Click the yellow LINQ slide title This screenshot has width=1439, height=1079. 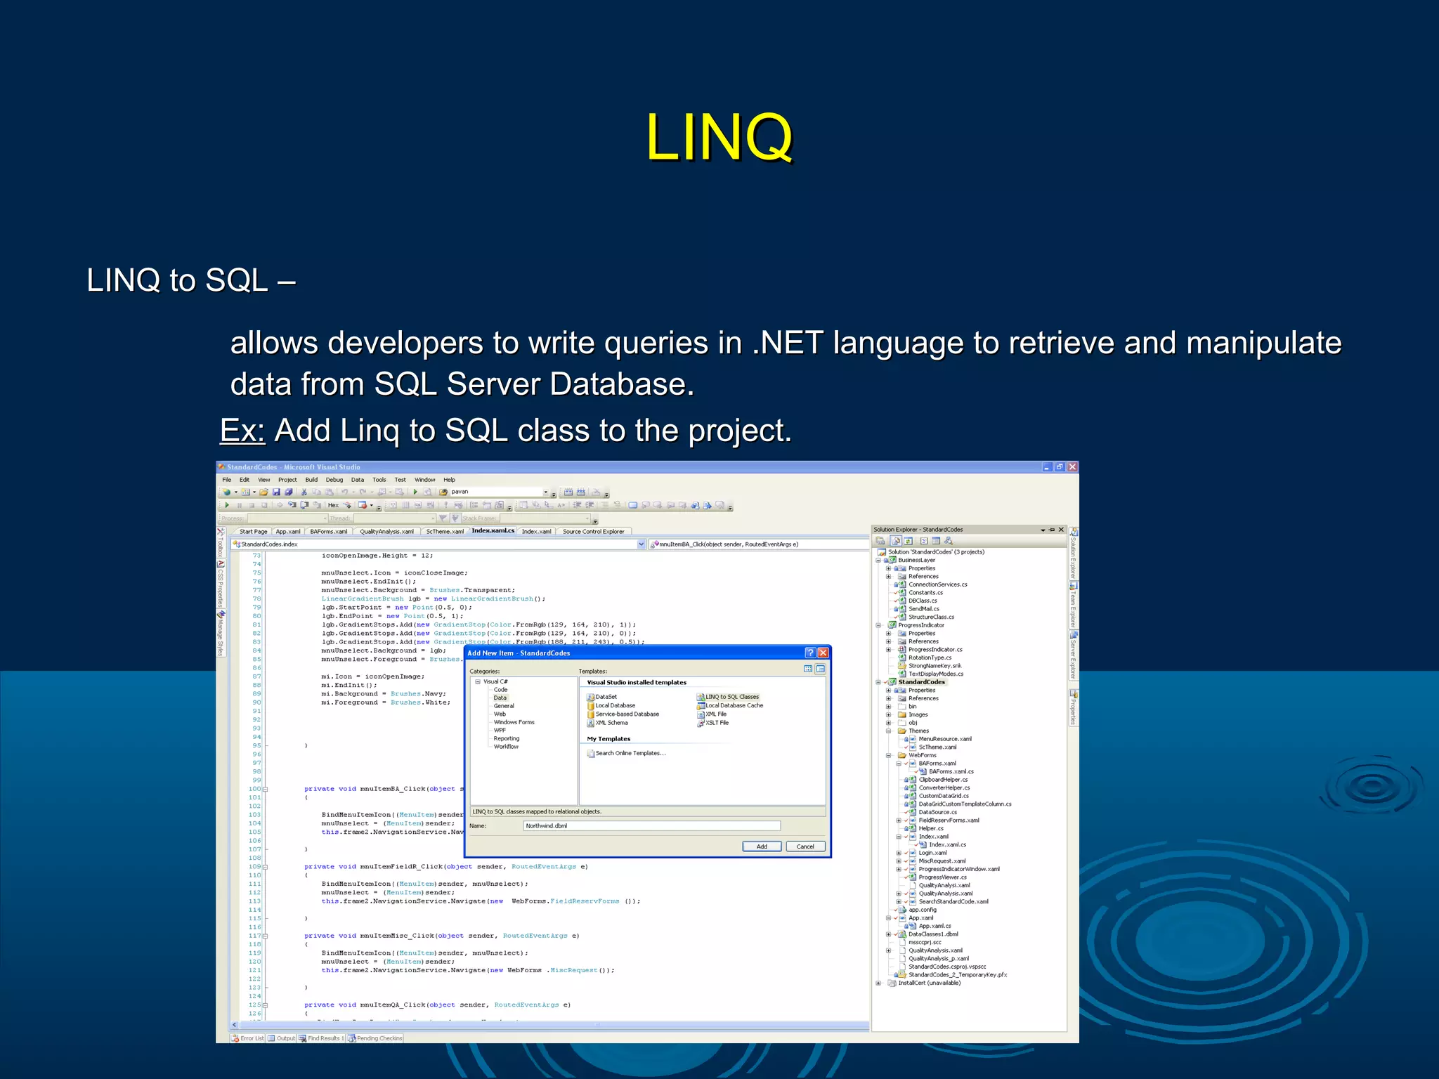point(719,137)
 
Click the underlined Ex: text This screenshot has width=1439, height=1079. point(242,431)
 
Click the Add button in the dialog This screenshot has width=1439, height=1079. point(762,846)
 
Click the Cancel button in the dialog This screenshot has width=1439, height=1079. point(805,846)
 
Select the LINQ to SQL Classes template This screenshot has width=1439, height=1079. point(731,697)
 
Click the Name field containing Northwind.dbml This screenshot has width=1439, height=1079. point(651,826)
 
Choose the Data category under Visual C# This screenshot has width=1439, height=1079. point(500,698)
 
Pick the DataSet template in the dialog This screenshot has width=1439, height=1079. point(606,697)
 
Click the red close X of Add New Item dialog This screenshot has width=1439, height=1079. point(823,653)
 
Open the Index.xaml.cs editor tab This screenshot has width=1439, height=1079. point(493,531)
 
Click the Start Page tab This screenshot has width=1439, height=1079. point(253,532)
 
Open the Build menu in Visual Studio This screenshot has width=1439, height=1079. point(311,480)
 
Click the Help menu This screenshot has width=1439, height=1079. point(449,480)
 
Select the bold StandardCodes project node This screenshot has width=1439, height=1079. point(921,682)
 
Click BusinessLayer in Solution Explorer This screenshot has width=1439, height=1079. point(916,560)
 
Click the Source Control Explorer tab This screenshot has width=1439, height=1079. point(593,532)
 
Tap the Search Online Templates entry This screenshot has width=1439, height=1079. point(630,753)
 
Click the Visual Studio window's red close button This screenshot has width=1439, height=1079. point(1072,467)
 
